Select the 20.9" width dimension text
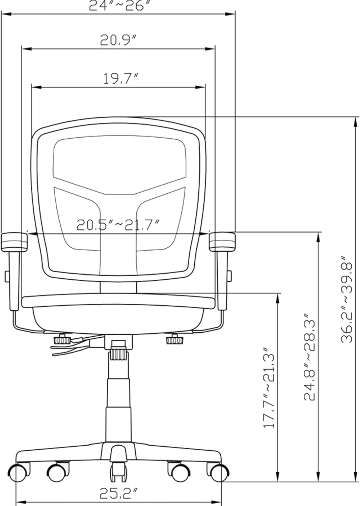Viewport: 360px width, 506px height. tap(118, 40)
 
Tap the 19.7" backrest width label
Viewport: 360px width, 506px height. tap(120, 79)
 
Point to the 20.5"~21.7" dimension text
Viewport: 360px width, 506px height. tap(118, 225)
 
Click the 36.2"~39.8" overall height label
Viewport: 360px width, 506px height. tap(347, 303)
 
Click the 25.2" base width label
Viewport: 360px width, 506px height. tap(119, 494)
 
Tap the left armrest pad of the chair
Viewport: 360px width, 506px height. tap(14, 242)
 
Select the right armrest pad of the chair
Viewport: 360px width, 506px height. tap(222, 241)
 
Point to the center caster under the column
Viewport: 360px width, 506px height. tap(118, 471)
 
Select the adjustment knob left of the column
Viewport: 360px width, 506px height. tap(61, 339)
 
